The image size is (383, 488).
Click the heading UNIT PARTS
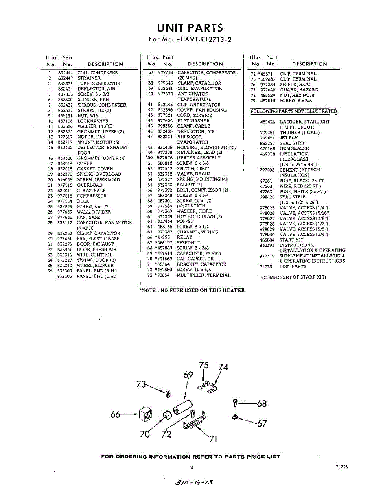190,28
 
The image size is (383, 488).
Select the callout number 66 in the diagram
115,414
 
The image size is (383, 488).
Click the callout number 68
262,403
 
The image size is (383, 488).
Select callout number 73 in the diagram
141,384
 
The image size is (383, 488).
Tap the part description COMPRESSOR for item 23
92,196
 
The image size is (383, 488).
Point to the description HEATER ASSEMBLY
199,158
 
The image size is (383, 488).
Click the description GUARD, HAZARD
299,90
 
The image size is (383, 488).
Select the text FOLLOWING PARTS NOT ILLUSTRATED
293,111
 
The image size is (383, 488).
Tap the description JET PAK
289,138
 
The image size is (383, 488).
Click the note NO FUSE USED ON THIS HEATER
193,290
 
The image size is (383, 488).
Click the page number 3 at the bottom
191,468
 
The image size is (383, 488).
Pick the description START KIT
291,240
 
